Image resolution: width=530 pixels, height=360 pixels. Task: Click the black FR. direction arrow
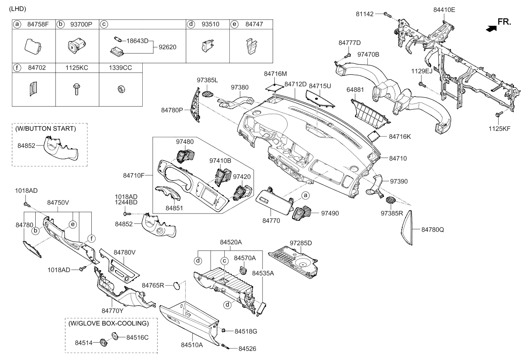click(491, 28)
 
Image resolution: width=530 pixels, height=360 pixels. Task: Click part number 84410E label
click(444, 10)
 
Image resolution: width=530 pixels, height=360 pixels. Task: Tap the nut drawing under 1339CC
click(121, 90)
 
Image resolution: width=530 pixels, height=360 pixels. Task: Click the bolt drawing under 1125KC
click(76, 89)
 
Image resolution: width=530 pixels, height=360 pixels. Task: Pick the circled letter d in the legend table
click(191, 24)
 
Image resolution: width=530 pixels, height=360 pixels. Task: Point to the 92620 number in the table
click(167, 47)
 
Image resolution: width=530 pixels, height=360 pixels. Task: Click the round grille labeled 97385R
click(391, 200)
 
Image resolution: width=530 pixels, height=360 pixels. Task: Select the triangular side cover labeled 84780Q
click(407, 228)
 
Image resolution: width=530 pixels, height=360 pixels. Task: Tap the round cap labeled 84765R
click(177, 285)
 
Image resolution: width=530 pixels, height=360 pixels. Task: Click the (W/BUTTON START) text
click(46, 129)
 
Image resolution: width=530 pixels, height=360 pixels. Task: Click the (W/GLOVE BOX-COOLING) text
click(109, 323)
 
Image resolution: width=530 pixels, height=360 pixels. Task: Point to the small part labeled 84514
click(104, 342)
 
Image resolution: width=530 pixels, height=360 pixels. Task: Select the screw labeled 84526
click(225, 347)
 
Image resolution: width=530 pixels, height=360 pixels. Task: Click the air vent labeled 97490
click(302, 213)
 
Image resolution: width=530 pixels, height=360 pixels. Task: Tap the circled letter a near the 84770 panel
click(305, 195)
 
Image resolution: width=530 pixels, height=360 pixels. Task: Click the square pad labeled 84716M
click(274, 87)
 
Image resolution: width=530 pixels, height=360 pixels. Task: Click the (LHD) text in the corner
click(17, 9)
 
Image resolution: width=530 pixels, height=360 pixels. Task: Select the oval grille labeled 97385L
click(208, 94)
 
